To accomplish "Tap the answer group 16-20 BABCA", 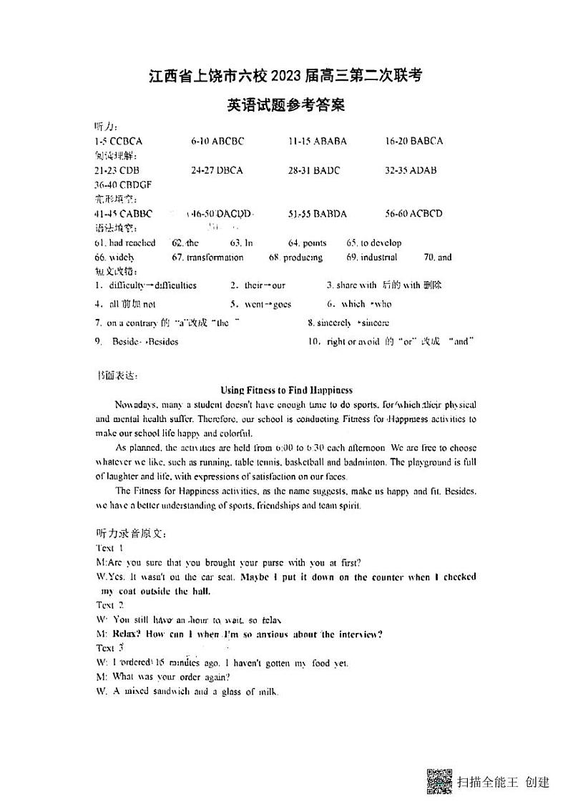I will [x=413, y=141].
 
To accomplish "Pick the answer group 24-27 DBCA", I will [x=217, y=170].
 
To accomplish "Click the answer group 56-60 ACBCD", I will [x=413, y=214].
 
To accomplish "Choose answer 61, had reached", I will [x=124, y=243].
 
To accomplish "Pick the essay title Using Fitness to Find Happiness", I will [x=286, y=391].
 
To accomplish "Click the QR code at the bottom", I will [x=439, y=781].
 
